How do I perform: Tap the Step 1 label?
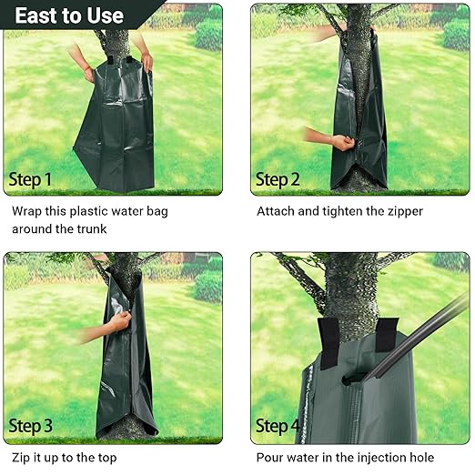tap(31, 179)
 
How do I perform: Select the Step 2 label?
tap(278, 179)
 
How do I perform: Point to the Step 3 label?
tap(31, 426)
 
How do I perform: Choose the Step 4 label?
tap(278, 426)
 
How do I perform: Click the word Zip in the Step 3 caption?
tap(22, 458)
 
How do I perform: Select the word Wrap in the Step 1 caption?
tap(29, 211)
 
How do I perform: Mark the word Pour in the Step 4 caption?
tap(272, 458)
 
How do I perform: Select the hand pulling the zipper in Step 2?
tap(341, 142)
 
